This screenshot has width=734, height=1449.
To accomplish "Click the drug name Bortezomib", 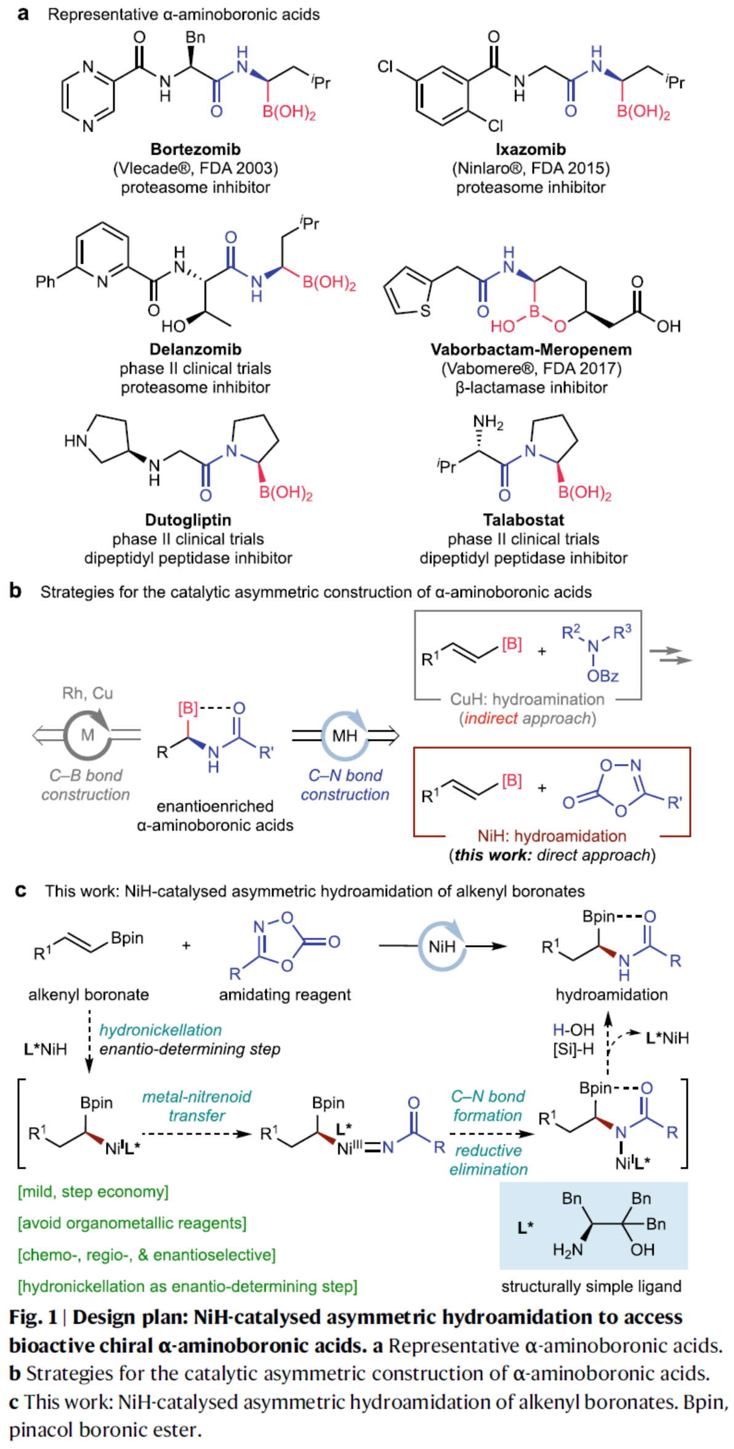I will (195, 149).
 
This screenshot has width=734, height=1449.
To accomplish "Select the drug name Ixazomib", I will (530, 149).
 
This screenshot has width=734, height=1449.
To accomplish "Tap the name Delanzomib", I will (195, 349).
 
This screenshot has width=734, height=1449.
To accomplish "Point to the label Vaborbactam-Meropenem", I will (531, 349).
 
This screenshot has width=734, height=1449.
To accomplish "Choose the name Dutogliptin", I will (188, 520).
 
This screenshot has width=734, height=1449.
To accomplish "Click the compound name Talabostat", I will (523, 520).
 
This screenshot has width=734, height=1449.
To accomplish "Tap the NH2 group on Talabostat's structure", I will (488, 423).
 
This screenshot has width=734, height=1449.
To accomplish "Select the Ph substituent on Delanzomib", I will (46, 282).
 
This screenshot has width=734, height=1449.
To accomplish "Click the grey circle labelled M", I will (88, 734).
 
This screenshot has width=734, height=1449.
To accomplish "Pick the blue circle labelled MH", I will (345, 735).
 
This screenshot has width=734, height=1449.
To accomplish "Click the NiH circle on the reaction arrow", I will (442, 946).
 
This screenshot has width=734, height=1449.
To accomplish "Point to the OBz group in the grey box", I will (602, 676).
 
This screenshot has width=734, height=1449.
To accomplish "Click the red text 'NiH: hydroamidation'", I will (552, 836).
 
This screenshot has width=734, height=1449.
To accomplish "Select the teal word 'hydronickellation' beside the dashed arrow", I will (160, 1030).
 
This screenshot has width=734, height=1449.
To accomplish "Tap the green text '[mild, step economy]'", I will (93, 1191).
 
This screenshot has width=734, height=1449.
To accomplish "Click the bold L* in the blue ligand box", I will (525, 1227).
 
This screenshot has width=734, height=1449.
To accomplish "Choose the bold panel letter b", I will (15, 591).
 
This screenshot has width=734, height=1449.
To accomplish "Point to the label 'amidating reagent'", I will (284, 994).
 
